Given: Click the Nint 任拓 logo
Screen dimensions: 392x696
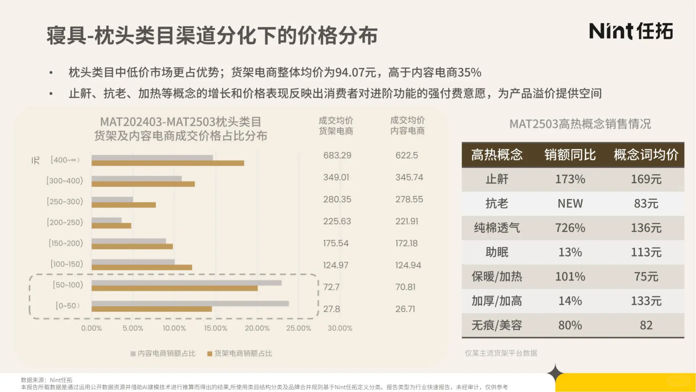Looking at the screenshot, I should (x=631, y=31).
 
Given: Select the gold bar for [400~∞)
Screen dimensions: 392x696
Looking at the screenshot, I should (x=167, y=163).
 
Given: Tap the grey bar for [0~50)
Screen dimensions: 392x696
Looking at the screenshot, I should (x=190, y=303).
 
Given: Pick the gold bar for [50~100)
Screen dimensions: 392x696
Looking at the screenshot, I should (x=174, y=289).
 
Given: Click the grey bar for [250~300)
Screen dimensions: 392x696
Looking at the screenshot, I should (x=112, y=200).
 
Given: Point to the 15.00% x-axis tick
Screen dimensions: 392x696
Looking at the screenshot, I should (x=215, y=328).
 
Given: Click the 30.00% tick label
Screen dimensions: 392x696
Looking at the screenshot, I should (x=340, y=328).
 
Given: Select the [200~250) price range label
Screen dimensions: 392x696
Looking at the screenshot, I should (x=65, y=222).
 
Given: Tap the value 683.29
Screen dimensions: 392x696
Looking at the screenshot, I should (x=337, y=155).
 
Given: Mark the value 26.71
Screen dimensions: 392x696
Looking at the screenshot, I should (x=405, y=309).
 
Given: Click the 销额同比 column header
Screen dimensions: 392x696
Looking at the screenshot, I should (x=570, y=155).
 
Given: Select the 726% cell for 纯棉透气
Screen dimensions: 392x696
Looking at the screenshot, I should (x=570, y=228).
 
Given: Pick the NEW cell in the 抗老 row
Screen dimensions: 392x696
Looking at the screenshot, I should (x=570, y=204).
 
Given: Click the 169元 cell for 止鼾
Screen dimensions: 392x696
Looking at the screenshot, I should (x=646, y=179).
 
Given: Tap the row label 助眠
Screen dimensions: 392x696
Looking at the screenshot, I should (x=497, y=252).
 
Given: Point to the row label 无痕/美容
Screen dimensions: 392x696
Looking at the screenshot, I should (x=497, y=325).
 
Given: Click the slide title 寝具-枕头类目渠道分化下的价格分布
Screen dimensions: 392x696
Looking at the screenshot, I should (x=212, y=36).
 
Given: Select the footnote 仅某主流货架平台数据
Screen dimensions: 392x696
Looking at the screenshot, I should (x=501, y=353).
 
